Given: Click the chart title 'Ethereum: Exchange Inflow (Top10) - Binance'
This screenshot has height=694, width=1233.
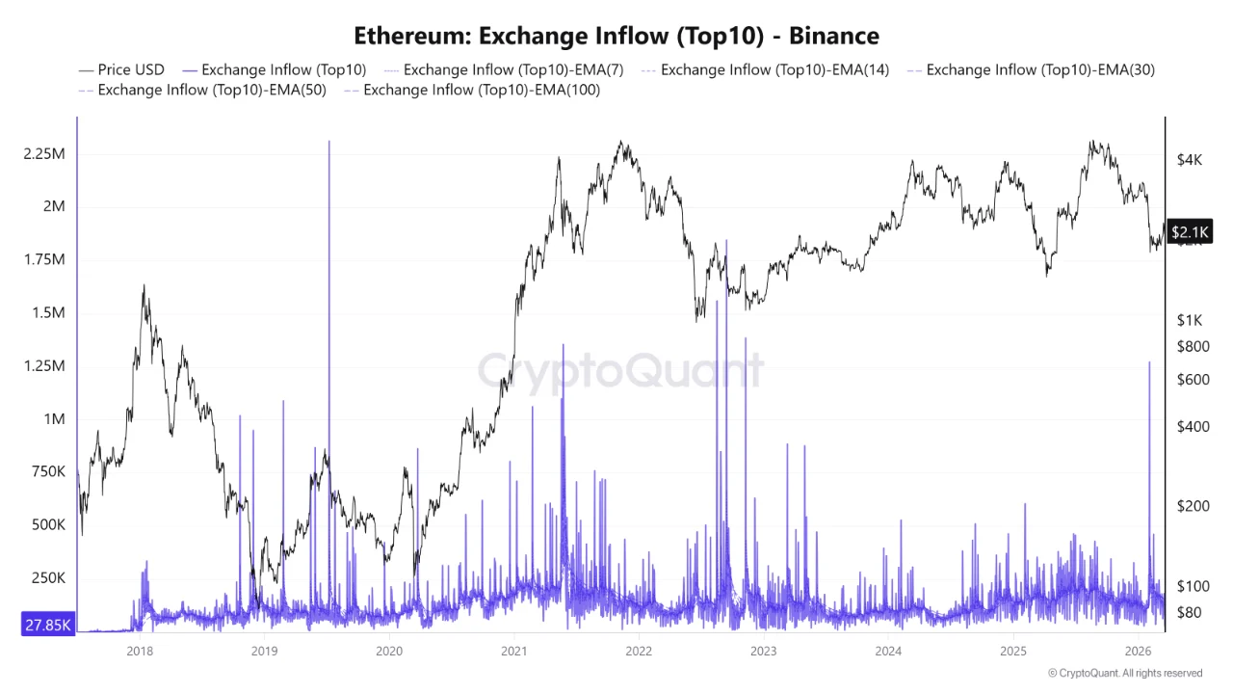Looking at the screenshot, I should tap(616, 37).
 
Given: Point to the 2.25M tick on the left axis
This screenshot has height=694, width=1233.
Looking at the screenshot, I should tap(43, 154).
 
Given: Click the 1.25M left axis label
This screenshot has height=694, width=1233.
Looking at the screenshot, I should tap(43, 366).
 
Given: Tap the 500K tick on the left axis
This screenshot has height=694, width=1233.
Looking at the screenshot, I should tap(47, 525).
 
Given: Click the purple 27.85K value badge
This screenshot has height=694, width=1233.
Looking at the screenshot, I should tap(48, 626).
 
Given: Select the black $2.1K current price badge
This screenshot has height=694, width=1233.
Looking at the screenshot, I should tap(1190, 231).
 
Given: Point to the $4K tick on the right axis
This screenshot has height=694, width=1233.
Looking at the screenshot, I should tap(1190, 160).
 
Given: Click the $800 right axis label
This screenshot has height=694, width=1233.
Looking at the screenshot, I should tap(1194, 346).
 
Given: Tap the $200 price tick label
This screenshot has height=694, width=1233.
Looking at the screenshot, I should tap(1194, 506).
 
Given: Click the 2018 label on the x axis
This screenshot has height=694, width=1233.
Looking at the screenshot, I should tap(141, 651).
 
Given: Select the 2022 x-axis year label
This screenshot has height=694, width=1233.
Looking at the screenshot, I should tap(639, 651).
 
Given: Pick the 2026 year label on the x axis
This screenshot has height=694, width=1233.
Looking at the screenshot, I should tap(1139, 651).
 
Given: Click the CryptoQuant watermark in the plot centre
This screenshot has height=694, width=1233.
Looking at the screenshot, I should tap(621, 370).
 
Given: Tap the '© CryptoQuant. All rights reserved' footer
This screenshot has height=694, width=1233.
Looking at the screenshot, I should tap(1125, 673).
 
